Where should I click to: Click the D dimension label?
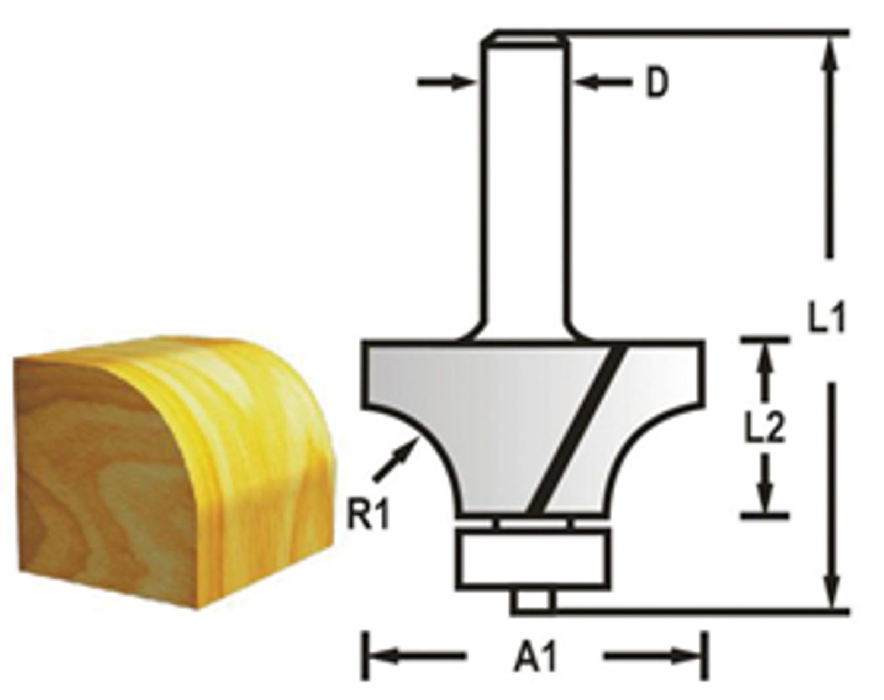(x=657, y=83)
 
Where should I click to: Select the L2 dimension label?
(x=765, y=427)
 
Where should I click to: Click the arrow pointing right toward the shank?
(x=446, y=82)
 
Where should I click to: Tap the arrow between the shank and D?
(x=604, y=82)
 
